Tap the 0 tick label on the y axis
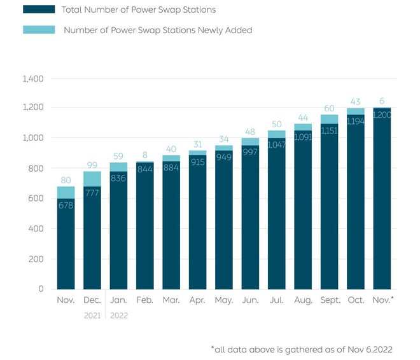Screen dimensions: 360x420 [x=40, y=289]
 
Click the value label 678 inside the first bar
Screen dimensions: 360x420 [x=66, y=206]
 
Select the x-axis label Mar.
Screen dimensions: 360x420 [x=171, y=299]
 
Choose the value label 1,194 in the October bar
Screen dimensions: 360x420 [x=355, y=121]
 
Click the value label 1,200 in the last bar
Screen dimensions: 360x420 [x=382, y=115]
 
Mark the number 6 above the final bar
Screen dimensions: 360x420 [x=382, y=100]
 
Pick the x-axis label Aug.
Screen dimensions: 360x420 [x=302, y=299]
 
